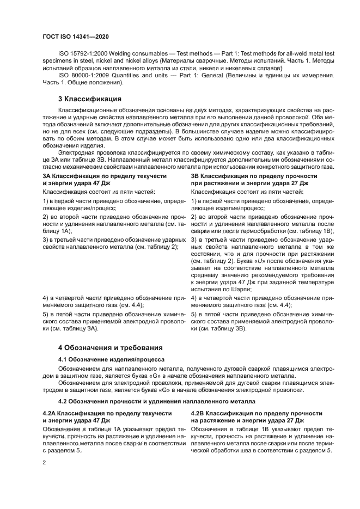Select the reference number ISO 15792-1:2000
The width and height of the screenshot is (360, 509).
pyautogui.click(x=81, y=55)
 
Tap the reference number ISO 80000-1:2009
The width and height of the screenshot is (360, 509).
pyautogui.click(x=81, y=76)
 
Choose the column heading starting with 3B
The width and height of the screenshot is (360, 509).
pyautogui.click(x=254, y=180)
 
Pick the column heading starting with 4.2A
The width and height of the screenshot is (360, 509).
pyautogui.click(x=107, y=417)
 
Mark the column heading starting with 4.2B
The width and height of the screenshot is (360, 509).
pyautogui.click(x=257, y=417)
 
